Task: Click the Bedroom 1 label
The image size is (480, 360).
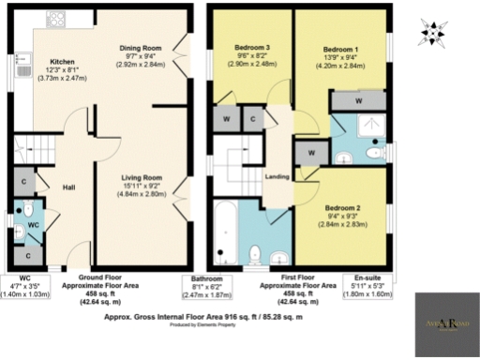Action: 340,48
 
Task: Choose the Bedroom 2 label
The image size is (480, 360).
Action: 342,207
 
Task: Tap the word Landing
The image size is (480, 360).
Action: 277,177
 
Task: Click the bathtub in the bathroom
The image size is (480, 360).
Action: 225,231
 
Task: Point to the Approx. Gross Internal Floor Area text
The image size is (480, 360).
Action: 217,318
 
